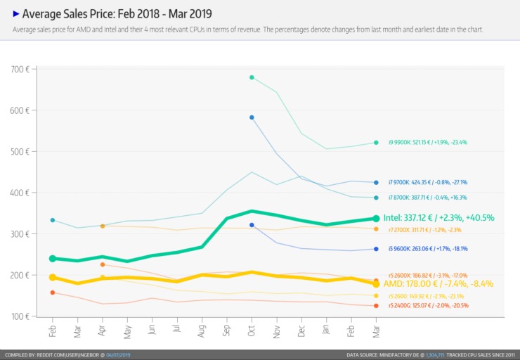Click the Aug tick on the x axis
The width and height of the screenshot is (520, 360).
[202, 330]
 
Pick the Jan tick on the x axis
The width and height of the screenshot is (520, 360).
[326, 330]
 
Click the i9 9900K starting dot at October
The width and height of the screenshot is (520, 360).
[252, 77]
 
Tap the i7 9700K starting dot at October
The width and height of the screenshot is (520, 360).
[252, 117]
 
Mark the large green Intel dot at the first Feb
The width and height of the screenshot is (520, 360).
[53, 259]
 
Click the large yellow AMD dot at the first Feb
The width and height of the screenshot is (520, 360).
[53, 278]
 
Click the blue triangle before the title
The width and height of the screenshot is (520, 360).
[16, 13]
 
